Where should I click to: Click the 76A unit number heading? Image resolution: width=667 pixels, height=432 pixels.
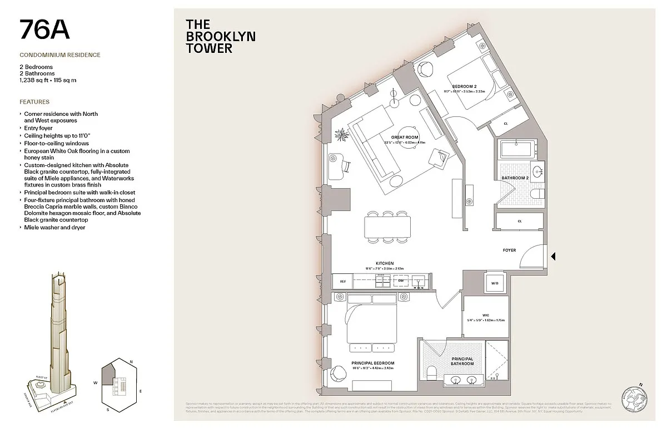[x=44, y=30]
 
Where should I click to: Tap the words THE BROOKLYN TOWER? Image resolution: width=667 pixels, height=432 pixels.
[x=213, y=36]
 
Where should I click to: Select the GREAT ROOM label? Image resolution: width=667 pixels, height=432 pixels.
[x=405, y=136]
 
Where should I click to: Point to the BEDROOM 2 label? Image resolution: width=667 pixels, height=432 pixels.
[x=464, y=86]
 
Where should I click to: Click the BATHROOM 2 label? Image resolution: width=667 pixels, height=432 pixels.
[x=515, y=178]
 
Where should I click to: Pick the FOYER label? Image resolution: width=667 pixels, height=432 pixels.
[x=509, y=251]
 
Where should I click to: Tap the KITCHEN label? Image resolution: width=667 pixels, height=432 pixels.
[x=384, y=263]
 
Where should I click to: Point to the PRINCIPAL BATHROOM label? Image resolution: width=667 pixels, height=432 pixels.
[x=462, y=361]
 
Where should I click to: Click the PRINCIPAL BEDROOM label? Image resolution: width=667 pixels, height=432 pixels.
[x=372, y=363]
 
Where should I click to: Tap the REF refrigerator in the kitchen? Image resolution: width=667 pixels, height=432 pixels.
[x=343, y=282]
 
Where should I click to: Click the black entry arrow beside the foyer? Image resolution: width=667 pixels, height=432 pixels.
[x=553, y=257]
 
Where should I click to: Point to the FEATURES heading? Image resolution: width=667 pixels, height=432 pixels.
[x=34, y=102]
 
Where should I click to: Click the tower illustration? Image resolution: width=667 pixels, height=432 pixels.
[x=56, y=334]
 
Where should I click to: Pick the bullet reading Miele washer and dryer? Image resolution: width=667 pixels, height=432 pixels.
[x=54, y=228]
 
